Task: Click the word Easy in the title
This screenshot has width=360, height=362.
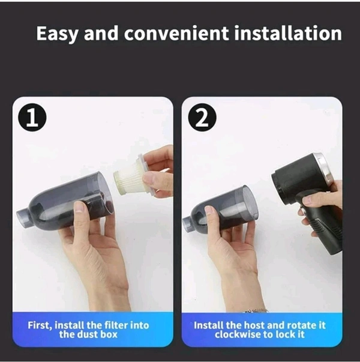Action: pos(58,34)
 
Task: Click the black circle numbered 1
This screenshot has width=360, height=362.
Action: pos(32,117)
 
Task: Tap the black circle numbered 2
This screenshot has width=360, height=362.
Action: pos(202,117)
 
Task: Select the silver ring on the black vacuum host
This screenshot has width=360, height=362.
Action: pos(324,167)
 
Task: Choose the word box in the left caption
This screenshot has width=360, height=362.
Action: pos(109,334)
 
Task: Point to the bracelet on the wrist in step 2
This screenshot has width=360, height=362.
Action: pos(257,310)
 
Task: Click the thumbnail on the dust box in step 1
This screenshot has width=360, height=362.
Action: pos(80,207)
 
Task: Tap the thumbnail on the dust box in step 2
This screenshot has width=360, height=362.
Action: pos(209,210)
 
